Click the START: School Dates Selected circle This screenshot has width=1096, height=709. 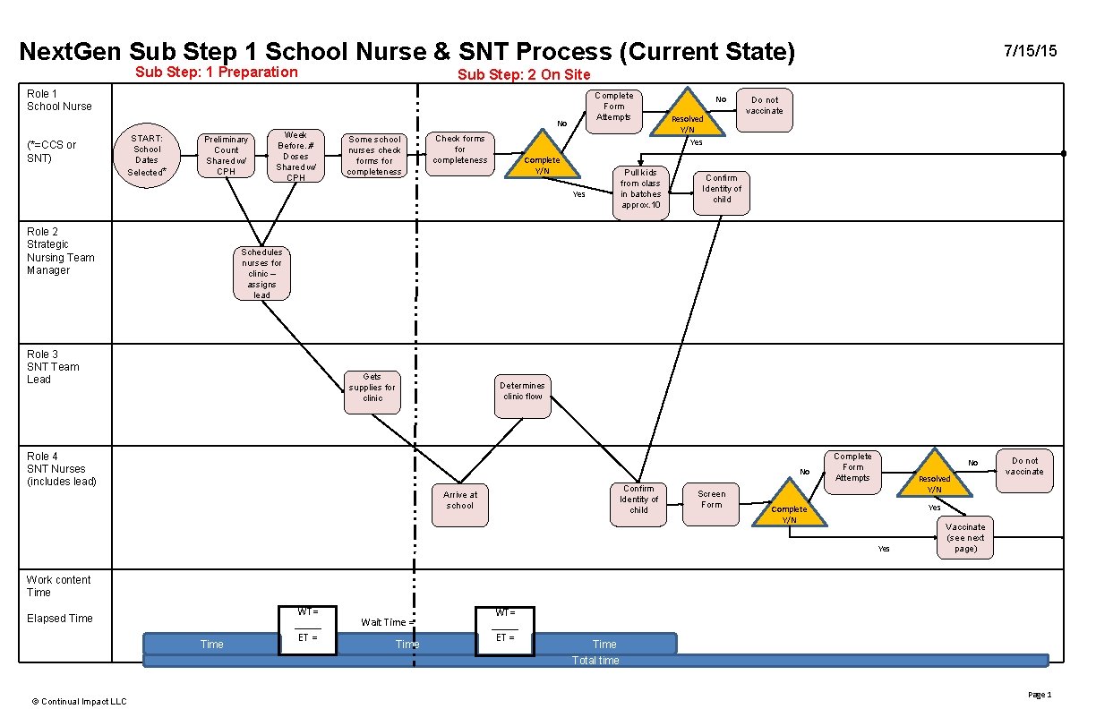point(147,154)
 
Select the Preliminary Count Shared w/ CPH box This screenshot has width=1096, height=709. point(227,155)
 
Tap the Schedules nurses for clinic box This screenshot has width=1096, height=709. point(261,273)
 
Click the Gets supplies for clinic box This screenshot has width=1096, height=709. point(372,392)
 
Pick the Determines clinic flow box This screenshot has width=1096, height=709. point(522,396)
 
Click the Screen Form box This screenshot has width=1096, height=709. point(712,504)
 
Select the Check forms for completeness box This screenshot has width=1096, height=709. point(460,154)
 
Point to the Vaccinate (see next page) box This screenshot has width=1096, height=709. point(965,537)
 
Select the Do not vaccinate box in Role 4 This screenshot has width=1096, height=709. point(1024,470)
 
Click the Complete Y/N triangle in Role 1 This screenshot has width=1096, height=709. point(543,159)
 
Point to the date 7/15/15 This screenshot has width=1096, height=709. point(1031,51)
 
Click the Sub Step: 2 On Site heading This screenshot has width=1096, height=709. point(524,74)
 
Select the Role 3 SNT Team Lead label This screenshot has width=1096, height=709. point(53,367)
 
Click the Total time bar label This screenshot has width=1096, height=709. point(595,661)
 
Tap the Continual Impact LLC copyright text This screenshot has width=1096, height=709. point(80,701)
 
